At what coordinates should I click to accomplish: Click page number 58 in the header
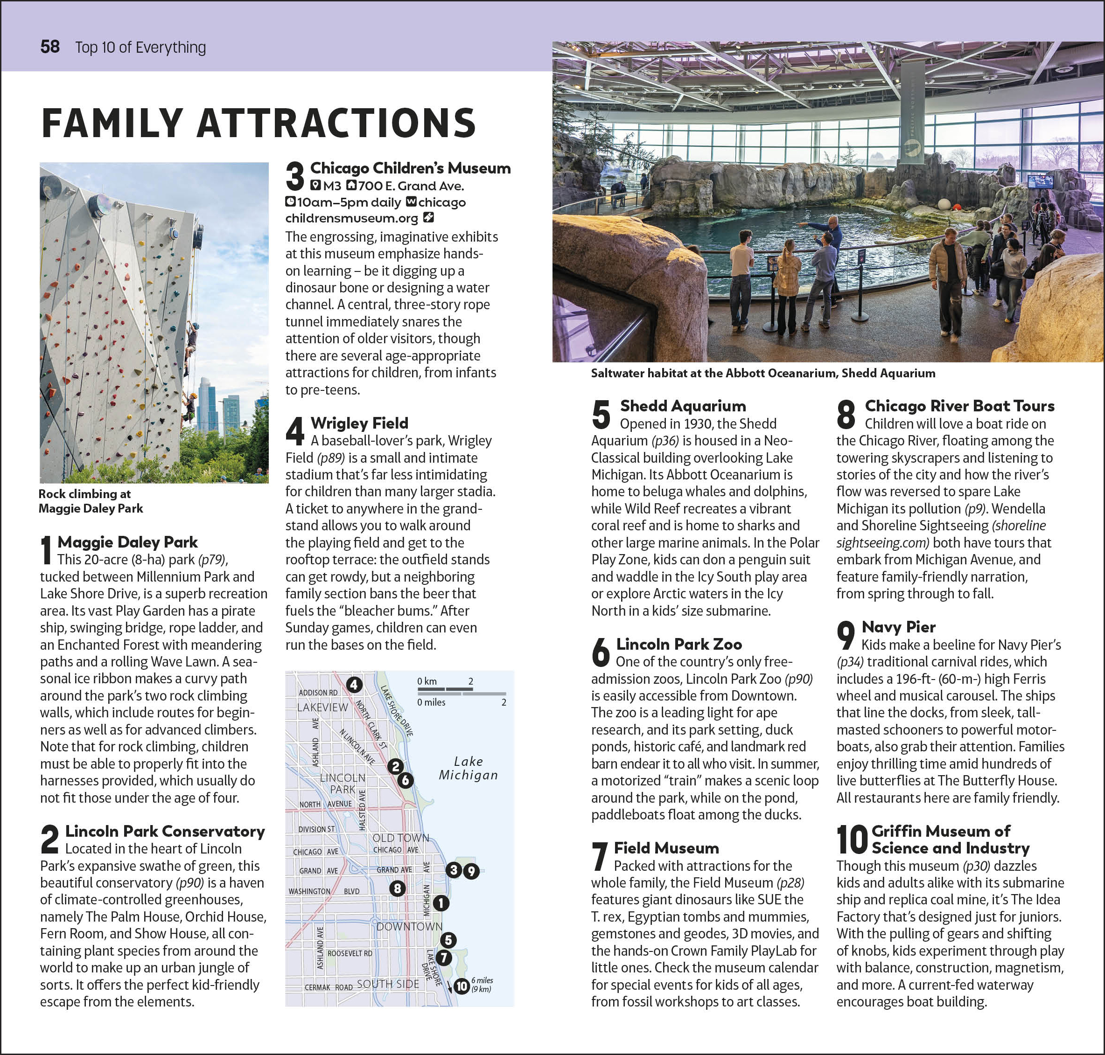pyautogui.click(x=50, y=47)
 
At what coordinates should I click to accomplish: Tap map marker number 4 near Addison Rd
pyautogui.click(x=353, y=685)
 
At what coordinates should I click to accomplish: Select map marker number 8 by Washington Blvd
pyautogui.click(x=397, y=888)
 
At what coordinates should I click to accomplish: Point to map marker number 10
pyautogui.click(x=462, y=986)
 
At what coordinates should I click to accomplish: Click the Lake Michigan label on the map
pyautogui.click(x=468, y=768)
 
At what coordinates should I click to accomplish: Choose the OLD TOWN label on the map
pyautogui.click(x=400, y=838)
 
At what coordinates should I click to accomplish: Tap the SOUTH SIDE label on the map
pyautogui.click(x=388, y=984)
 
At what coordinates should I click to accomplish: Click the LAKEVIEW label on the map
pyautogui.click(x=322, y=707)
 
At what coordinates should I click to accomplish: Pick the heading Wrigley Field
pyautogui.click(x=359, y=423)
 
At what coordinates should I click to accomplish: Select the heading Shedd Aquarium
pyautogui.click(x=683, y=406)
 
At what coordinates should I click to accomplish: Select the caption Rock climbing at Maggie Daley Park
pyautogui.click(x=90, y=501)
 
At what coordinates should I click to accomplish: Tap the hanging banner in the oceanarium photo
pyautogui.click(x=912, y=112)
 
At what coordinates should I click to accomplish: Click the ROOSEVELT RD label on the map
pyautogui.click(x=350, y=953)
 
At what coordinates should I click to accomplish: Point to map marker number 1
pyautogui.click(x=441, y=903)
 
